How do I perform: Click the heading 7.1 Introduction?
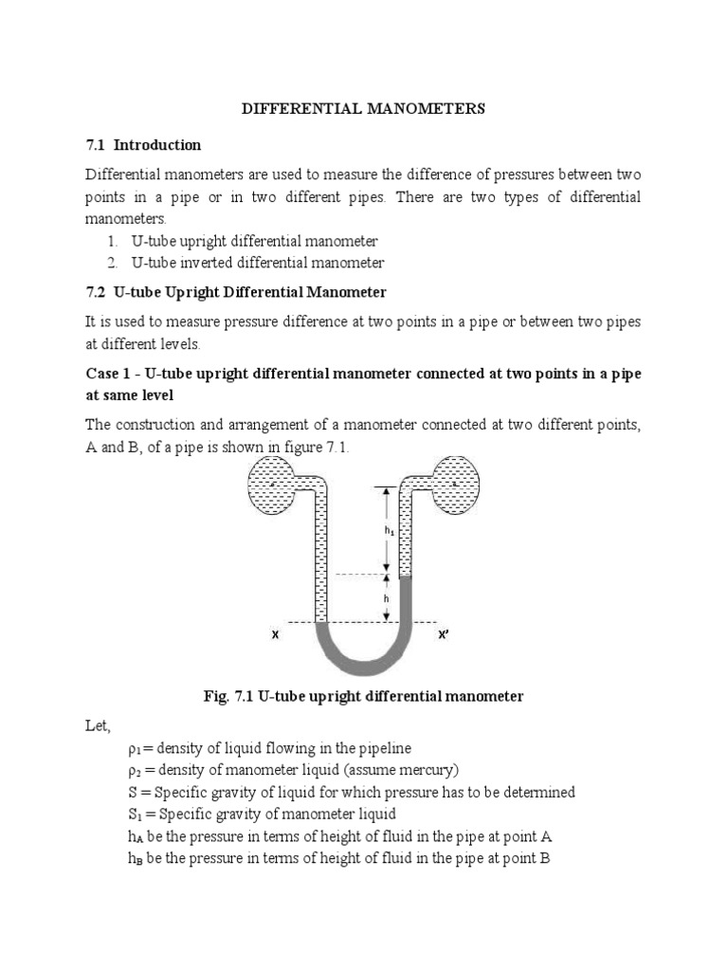pos(143,145)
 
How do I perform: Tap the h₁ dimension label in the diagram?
pos(389,532)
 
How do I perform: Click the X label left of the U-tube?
pos(274,636)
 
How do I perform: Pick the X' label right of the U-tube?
pos(442,636)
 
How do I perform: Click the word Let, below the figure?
pos(98,726)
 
